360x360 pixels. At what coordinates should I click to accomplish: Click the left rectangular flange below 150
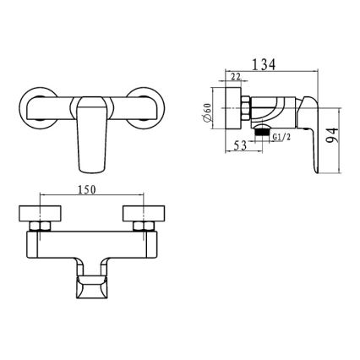click(x=41, y=212)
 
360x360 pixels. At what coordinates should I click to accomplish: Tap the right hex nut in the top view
click(x=139, y=226)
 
